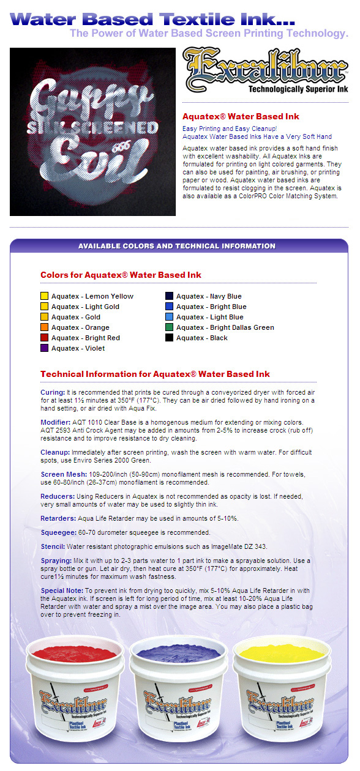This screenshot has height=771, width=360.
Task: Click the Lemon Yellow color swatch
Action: (x=44, y=296)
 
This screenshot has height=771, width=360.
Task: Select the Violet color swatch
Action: (x=44, y=348)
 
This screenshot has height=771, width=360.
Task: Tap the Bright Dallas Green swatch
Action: (x=169, y=327)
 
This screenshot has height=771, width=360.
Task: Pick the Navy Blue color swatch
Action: (x=169, y=296)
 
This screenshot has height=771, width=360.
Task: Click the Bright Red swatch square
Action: (x=44, y=338)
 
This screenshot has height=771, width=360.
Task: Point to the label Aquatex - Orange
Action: (x=80, y=327)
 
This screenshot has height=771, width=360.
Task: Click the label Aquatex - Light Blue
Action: (x=209, y=317)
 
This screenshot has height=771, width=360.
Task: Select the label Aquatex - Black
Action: (x=201, y=338)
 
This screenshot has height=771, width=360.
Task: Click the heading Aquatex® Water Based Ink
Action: (x=241, y=116)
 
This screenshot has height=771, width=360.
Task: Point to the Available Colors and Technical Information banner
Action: (x=177, y=246)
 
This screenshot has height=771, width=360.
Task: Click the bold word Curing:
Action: (x=53, y=392)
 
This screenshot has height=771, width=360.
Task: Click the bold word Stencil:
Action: (x=53, y=546)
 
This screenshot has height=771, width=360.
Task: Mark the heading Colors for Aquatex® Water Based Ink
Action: (x=121, y=275)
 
